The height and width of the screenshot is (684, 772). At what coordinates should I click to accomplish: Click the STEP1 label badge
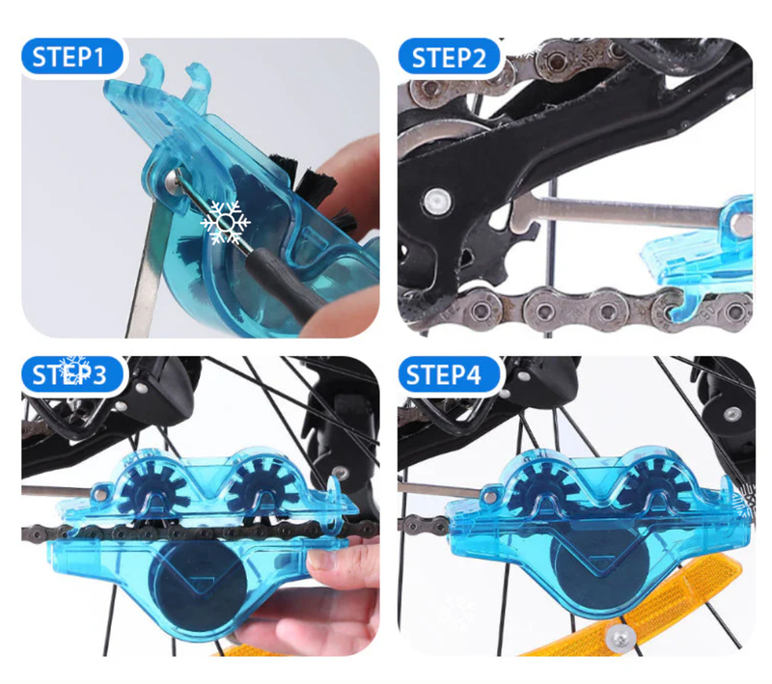[72, 57]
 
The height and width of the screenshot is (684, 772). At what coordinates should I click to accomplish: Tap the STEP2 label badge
[449, 57]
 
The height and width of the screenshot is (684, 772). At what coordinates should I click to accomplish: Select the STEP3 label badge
[72, 375]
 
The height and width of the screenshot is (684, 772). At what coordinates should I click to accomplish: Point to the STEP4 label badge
[449, 375]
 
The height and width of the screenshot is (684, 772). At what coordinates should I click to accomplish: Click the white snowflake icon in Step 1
[226, 223]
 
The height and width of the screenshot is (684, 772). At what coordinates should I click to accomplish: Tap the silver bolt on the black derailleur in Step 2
[436, 202]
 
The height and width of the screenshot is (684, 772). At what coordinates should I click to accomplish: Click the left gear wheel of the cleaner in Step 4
[542, 484]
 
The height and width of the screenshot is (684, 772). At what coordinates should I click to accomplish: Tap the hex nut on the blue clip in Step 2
[742, 226]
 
